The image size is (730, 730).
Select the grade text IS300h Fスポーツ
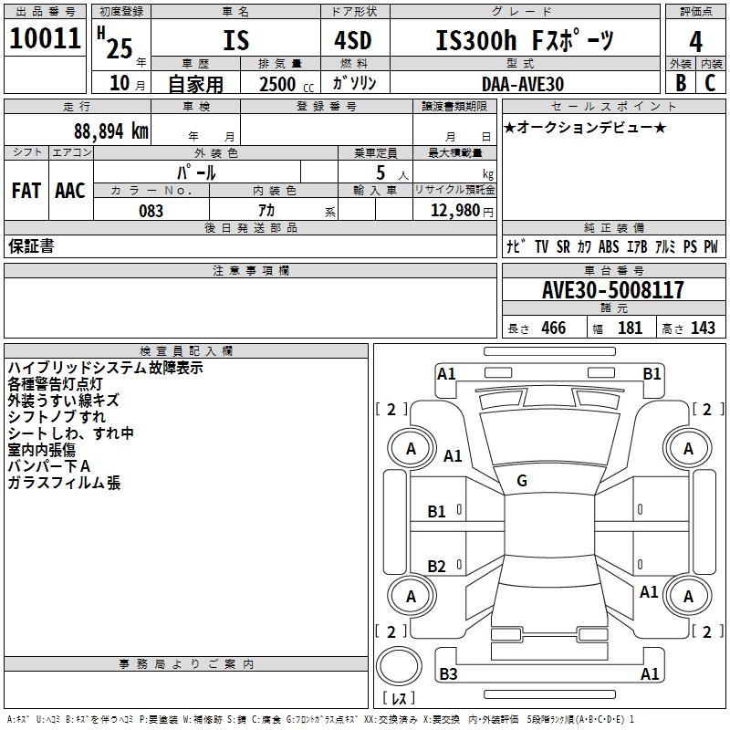tap(525, 41)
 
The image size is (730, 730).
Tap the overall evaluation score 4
tap(696, 42)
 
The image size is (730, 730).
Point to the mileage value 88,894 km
tap(109, 130)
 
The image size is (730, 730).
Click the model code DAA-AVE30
tap(523, 84)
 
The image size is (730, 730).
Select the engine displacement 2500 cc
tap(280, 84)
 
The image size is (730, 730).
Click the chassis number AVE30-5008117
tap(612, 290)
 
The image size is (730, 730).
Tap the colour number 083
tap(151, 211)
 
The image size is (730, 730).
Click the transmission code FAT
tap(26, 191)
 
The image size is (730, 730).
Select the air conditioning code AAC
tap(69, 191)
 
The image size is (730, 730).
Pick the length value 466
tap(553, 328)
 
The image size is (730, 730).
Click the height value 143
tap(703, 328)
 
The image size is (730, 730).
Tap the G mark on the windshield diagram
tap(522, 481)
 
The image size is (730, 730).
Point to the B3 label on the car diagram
tap(448, 674)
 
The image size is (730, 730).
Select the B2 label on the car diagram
tap(437, 567)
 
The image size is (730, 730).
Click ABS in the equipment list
tap(609, 247)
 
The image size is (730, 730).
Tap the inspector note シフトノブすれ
tap(57, 417)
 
